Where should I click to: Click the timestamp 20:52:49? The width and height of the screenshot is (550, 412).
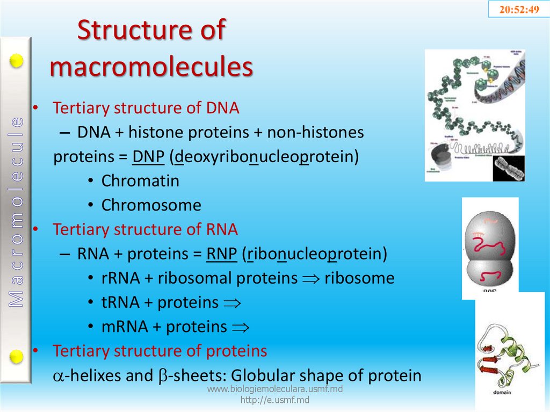coord(519,10)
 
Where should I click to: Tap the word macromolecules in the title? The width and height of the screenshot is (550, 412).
coord(151,67)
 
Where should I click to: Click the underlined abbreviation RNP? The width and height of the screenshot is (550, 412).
coord(221,254)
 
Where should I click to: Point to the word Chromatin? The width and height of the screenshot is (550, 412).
coord(140,181)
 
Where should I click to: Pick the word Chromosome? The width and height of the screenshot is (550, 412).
coord(151,205)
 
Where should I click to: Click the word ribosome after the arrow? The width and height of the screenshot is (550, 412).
coord(359,278)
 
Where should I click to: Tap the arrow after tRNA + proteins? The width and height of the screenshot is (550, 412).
coord(231,303)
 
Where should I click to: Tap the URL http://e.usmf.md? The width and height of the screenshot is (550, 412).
coord(274,400)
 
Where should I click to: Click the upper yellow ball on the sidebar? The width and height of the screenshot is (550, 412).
coord(17,61)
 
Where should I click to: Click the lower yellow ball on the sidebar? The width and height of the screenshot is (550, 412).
coord(17,356)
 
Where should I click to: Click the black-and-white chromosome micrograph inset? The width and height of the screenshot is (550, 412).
coord(508,168)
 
